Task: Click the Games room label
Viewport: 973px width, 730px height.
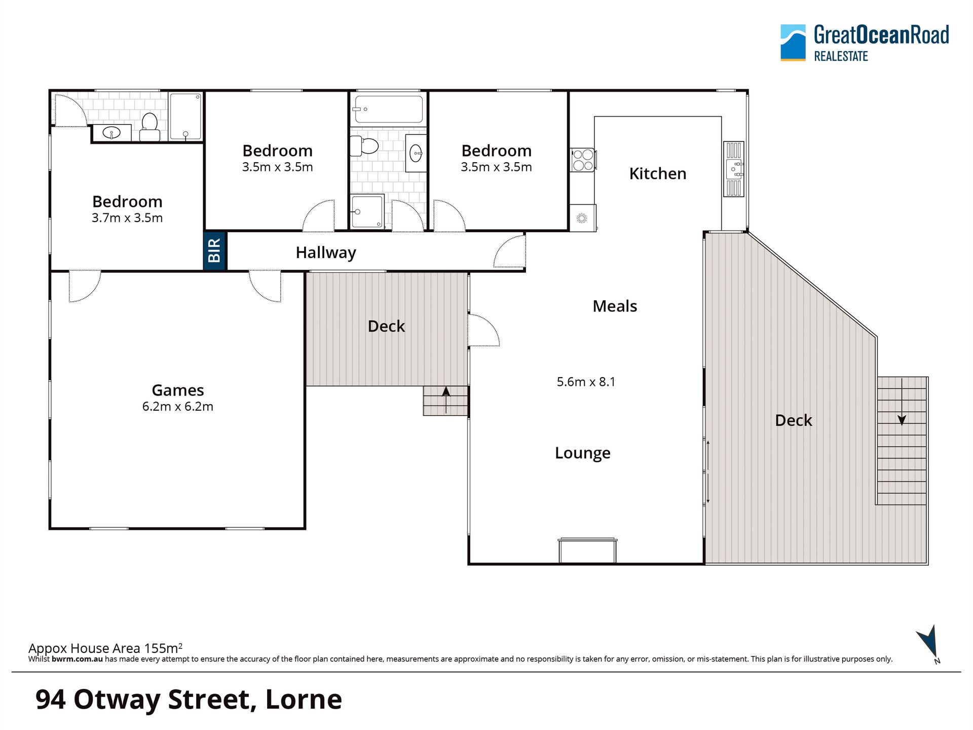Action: coord(178,390)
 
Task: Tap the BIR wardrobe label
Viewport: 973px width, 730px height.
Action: coord(214,250)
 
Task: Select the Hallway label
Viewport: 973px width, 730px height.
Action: coord(326,252)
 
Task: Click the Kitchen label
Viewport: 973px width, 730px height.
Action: coord(658,173)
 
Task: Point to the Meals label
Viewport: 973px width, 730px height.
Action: coord(615,306)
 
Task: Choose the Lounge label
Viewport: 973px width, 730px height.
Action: coord(583,453)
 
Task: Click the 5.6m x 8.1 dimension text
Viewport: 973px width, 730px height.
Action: coord(586,382)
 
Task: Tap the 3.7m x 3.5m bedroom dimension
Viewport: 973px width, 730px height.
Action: coord(127,218)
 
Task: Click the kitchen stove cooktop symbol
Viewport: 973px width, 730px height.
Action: coord(582,160)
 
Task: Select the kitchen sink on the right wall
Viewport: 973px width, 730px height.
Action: coord(734,169)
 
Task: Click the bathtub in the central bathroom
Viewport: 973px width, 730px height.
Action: coord(389,109)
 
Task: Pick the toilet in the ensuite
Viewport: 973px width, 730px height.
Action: coord(149,127)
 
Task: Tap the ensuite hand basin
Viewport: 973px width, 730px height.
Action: coord(111,133)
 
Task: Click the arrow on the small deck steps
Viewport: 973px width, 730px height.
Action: coord(446,399)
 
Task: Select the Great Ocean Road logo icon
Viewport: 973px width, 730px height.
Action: coord(793,43)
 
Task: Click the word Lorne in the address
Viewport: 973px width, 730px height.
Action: coord(304,700)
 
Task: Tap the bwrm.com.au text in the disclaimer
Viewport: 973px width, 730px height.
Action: coord(77,659)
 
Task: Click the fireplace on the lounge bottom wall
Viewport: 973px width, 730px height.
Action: coord(588,551)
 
